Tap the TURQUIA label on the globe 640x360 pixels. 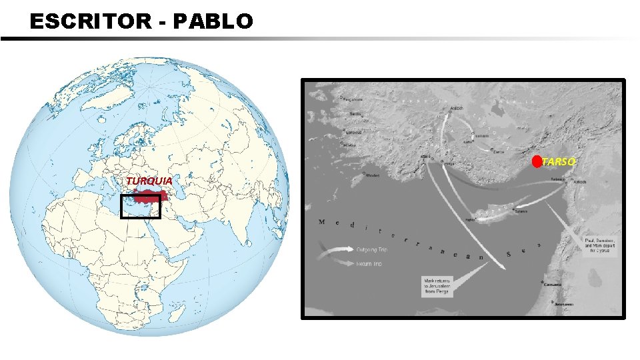pyautogui.click(x=149, y=181)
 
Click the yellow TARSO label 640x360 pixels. pyautogui.click(x=559, y=161)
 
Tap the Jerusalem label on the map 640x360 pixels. pyautogui.click(x=564, y=303)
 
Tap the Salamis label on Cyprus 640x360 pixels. pyautogui.click(x=520, y=211)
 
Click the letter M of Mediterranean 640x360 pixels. pyautogui.click(x=322, y=221)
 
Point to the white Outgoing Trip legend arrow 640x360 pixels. pyautogui.click(x=337, y=250)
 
